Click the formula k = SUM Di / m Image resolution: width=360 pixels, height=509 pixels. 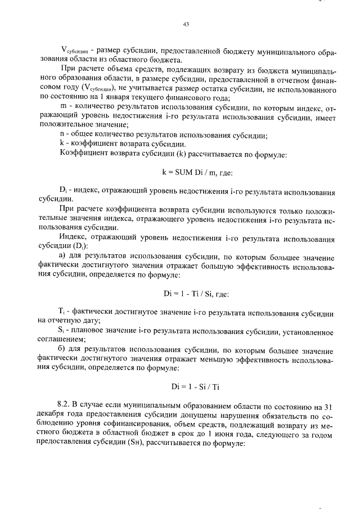pyautogui.click(x=193, y=174)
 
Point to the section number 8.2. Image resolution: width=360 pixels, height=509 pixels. pyautogui.click(x=64, y=405)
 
